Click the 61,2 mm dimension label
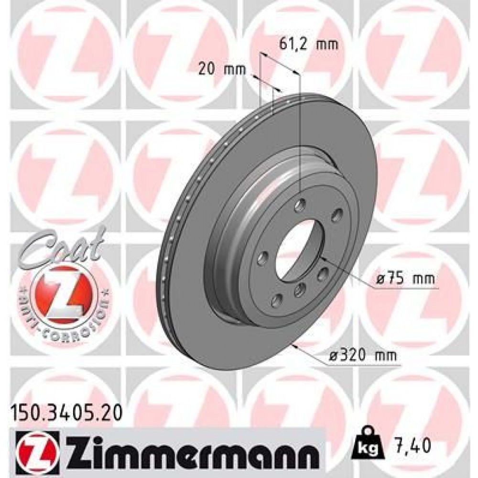[307, 45]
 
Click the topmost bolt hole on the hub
[300, 206]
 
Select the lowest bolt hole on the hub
[276, 301]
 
